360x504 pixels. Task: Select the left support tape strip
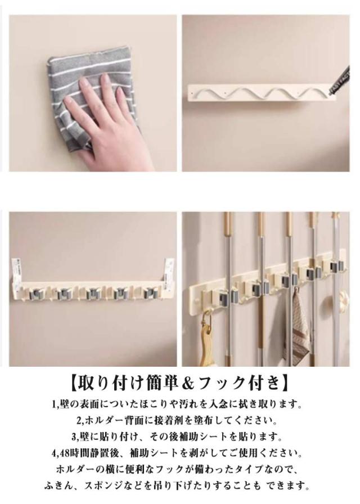tap(16, 269)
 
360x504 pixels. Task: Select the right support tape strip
tap(169, 269)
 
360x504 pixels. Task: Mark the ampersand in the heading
tap(186, 383)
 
